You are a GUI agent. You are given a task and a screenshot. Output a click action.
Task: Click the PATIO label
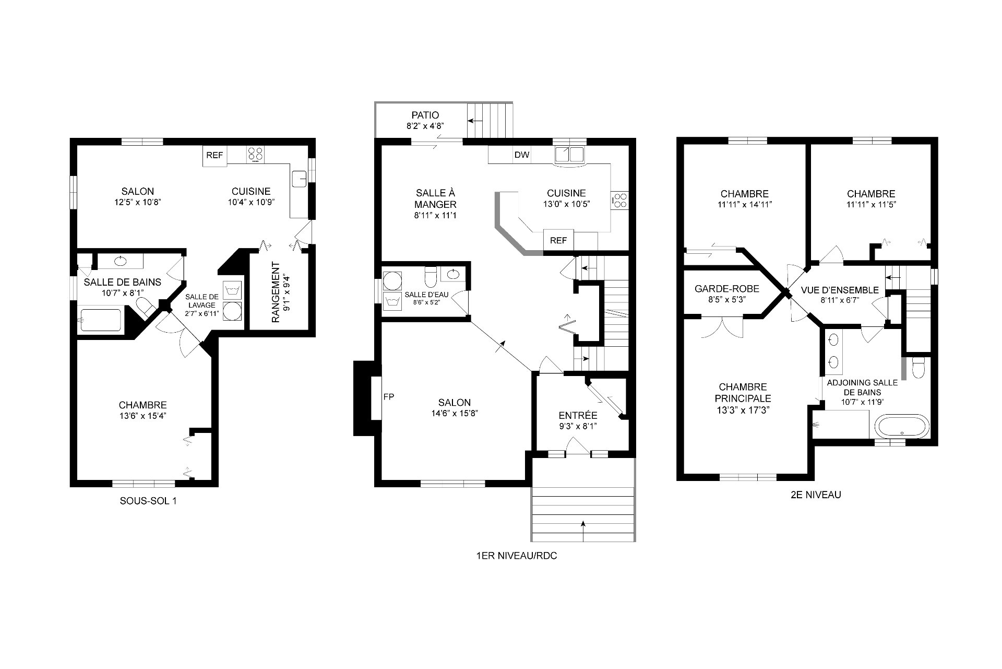pos(425,115)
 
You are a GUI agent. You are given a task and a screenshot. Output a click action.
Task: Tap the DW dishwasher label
pos(522,155)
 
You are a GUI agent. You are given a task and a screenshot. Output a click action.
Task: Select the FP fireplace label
pos(389,397)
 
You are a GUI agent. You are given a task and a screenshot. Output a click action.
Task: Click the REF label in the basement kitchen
pos(214,155)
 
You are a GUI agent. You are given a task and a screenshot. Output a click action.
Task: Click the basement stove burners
pos(256,154)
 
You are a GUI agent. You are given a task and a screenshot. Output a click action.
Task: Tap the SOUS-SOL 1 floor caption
pos(148,501)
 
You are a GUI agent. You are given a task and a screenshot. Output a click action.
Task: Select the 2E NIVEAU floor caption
pos(816,495)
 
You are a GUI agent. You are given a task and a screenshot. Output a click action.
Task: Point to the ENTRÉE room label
pos(578,416)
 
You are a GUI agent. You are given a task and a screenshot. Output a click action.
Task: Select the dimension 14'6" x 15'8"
pos(451,413)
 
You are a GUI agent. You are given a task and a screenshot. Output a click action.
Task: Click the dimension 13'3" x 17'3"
pos(743,410)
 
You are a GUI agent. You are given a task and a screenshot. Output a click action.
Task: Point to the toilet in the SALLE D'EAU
pos(431,277)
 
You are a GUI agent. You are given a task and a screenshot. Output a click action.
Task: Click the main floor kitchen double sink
pos(569,155)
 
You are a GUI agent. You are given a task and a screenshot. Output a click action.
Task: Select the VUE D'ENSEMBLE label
pos(840,290)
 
